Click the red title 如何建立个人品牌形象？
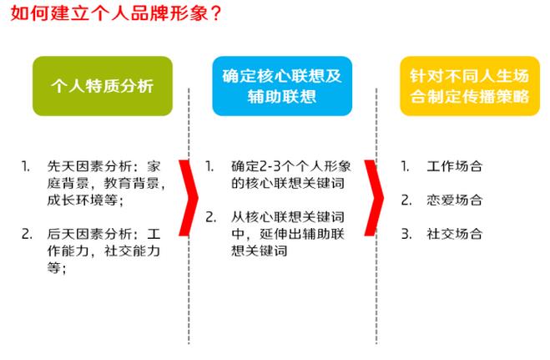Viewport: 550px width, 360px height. click(x=116, y=13)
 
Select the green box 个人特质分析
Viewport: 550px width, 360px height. click(x=103, y=86)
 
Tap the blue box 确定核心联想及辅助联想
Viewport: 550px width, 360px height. click(x=282, y=86)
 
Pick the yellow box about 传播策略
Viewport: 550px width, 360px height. click(x=470, y=86)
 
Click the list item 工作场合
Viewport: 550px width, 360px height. click(x=455, y=166)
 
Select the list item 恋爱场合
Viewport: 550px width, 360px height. click(x=455, y=200)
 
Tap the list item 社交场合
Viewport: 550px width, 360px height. click(x=455, y=234)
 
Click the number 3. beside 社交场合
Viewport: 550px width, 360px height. click(x=406, y=234)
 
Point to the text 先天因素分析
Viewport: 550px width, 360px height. click(x=89, y=166)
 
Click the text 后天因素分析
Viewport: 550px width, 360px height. click(x=89, y=234)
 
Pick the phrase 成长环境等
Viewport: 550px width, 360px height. click(x=83, y=200)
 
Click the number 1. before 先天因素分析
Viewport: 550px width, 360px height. click(x=26, y=166)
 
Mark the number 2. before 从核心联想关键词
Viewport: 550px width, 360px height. click(x=211, y=217)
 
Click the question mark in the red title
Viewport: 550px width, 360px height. click(x=215, y=14)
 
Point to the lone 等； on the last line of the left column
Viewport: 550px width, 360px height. click(x=57, y=268)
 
